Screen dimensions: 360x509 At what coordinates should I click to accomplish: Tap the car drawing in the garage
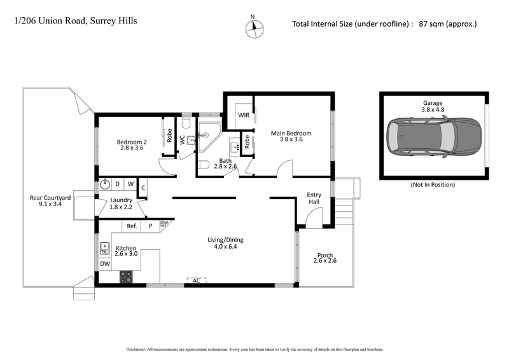click(433, 136)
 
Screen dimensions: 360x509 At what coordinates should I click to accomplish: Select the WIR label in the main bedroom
click(243, 115)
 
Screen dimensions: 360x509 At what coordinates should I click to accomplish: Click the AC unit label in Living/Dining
click(197, 280)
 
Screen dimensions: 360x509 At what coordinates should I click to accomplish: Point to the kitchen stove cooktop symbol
click(126, 277)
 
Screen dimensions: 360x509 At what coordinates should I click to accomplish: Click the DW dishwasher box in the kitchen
click(104, 263)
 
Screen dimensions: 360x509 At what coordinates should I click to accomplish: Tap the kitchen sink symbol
click(104, 247)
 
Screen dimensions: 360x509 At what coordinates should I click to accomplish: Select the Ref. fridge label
click(132, 226)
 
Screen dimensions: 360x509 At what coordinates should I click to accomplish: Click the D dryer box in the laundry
click(118, 184)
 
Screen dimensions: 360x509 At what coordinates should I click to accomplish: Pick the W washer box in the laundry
click(130, 184)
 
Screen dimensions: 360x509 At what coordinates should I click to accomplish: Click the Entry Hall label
click(314, 198)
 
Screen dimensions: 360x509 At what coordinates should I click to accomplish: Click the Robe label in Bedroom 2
click(169, 135)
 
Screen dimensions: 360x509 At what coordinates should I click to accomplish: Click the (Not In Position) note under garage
click(433, 184)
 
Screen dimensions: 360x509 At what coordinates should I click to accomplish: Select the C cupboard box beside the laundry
click(143, 188)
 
